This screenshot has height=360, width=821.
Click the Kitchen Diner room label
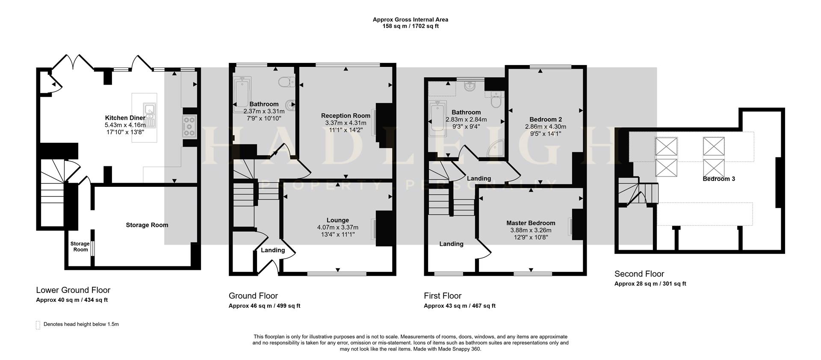point(125,118)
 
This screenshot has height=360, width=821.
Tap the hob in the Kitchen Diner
point(189,127)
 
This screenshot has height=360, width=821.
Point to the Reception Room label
point(346,115)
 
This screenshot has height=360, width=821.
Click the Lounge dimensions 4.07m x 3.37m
point(337,227)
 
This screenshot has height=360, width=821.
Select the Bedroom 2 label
point(545,119)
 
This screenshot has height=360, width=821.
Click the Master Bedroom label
point(531,223)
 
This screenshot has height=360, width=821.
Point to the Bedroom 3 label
point(718,179)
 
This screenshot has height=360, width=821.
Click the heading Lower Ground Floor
point(73,290)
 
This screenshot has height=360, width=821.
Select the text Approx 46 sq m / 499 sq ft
point(264,306)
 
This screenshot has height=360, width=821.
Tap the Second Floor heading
point(639,274)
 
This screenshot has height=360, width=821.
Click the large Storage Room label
point(147,225)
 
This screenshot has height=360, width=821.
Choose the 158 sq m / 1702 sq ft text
point(410,26)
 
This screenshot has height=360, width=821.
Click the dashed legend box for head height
point(38,325)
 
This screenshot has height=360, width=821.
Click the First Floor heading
point(443,295)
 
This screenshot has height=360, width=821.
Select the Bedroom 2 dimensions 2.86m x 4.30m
point(545,127)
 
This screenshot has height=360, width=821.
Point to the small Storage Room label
point(80,247)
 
